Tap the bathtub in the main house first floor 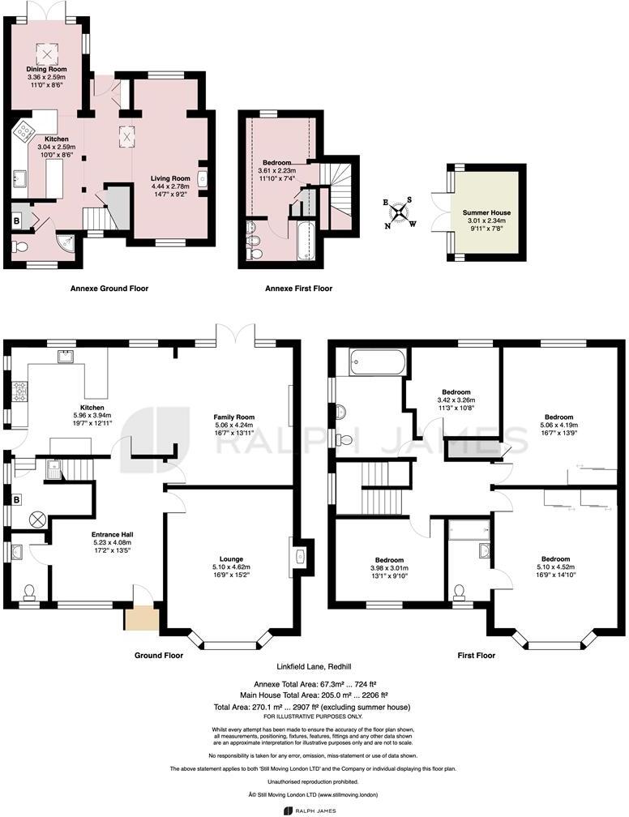(x=374, y=362)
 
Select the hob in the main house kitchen (x=18, y=394)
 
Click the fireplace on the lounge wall (x=299, y=555)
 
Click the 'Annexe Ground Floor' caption (x=109, y=288)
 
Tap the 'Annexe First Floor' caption (x=298, y=288)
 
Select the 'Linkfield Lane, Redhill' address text (x=314, y=666)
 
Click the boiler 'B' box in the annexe (x=15, y=220)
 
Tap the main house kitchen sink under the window (x=63, y=356)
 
